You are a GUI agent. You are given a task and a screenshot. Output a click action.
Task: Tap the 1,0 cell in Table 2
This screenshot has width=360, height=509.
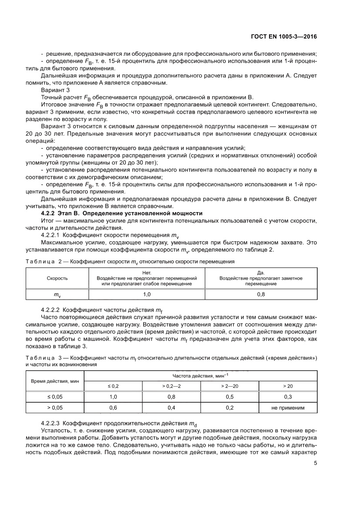pyautogui.click(x=147, y=295)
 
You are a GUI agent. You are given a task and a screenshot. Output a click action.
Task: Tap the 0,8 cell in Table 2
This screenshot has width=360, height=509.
pyautogui.click(x=261, y=295)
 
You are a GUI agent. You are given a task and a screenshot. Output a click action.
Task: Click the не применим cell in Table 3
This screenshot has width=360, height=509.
pyautogui.click(x=288, y=408)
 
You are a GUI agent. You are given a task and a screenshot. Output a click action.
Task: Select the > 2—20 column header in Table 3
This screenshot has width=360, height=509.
pyautogui.click(x=229, y=386)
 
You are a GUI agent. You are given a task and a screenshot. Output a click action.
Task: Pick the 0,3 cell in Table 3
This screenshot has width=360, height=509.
pyautogui.click(x=288, y=397)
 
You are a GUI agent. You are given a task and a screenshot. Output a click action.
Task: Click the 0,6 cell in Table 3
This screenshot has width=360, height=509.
pyautogui.click(x=113, y=408)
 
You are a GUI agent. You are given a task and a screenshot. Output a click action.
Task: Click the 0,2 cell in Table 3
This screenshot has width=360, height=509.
pyautogui.click(x=229, y=408)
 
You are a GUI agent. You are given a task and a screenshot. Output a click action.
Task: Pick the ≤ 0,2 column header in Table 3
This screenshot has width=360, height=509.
pyautogui.click(x=113, y=386)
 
